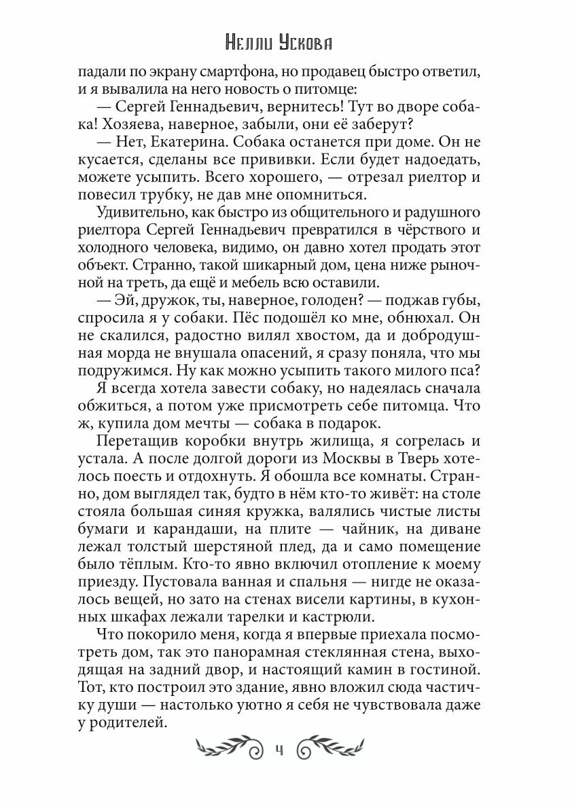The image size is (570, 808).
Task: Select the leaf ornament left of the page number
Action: click(x=228, y=749)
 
